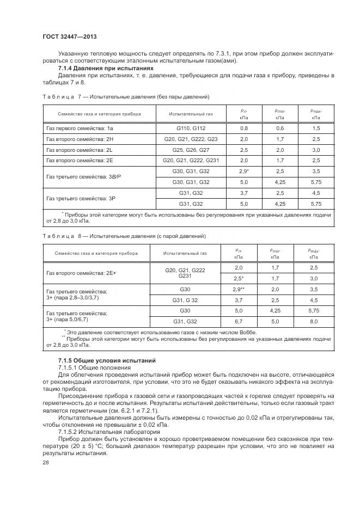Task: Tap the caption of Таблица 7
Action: click(126, 97)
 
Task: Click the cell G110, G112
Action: click(190, 128)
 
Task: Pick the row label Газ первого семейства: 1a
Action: click(80, 128)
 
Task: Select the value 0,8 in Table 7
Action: click(243, 128)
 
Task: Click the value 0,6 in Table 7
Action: click(280, 128)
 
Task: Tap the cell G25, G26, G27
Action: click(190, 150)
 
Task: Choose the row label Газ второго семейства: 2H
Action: click(80, 139)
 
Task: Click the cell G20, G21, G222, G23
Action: click(190, 139)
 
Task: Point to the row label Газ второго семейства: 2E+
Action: click(81, 273)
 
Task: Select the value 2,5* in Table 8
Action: click(238, 279)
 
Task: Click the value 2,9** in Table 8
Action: click(238, 290)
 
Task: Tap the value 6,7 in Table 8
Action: click(238, 321)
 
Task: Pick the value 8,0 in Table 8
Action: click(313, 321)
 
